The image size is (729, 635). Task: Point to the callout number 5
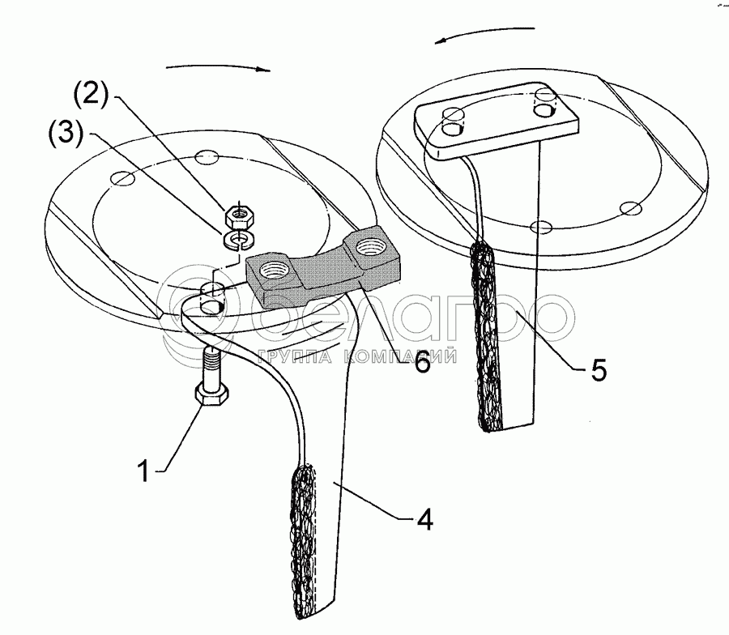597,371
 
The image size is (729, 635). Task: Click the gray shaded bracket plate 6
322,271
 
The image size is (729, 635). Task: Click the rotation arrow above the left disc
215,67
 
